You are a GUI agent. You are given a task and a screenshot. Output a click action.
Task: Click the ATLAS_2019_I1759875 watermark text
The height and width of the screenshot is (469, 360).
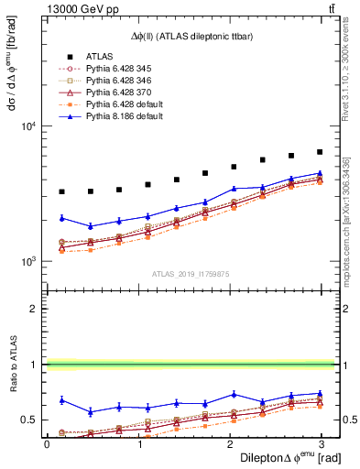(x=190, y=274)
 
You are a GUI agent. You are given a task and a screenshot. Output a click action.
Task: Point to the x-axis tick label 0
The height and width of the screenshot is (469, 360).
(x=47, y=444)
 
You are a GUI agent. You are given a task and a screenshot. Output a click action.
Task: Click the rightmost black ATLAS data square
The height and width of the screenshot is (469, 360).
(x=319, y=152)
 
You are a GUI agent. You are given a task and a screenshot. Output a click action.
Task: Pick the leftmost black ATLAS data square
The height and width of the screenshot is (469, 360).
(x=61, y=191)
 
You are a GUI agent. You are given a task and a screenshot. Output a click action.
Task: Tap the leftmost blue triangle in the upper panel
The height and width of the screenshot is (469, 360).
(x=61, y=218)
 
